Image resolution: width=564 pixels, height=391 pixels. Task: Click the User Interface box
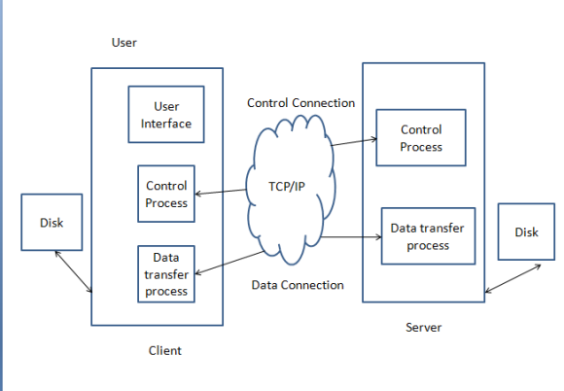coord(166,115)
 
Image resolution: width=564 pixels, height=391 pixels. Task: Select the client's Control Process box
coord(166,194)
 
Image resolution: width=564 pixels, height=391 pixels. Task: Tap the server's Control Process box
coord(421,138)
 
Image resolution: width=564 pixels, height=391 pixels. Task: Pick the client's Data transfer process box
coord(166,274)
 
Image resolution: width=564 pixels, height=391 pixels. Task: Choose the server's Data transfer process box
coord(428,236)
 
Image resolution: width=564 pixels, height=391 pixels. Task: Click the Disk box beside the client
coord(52,223)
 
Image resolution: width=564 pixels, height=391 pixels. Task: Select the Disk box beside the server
coord(526,231)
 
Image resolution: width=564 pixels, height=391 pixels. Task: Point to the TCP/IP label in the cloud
coord(287,187)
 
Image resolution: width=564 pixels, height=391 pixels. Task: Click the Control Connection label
coord(301,103)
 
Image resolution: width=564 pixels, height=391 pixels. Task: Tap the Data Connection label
coord(298,285)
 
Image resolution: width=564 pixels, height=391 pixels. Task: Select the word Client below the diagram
coord(164,350)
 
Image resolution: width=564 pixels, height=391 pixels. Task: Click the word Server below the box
coord(423,328)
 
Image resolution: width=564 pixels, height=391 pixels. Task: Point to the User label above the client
coord(124,43)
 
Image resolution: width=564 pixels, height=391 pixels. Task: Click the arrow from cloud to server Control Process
coord(354,142)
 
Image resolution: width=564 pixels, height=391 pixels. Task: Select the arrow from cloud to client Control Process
coord(221,192)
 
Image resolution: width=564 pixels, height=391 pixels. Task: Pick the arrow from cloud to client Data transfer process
coord(229,263)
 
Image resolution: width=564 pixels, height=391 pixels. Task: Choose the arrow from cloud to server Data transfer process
coord(351,236)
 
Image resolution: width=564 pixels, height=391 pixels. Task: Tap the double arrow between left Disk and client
coord(73,271)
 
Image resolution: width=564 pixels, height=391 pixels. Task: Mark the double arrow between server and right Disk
coord(512,278)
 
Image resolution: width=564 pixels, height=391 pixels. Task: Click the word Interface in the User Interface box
coord(166,124)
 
